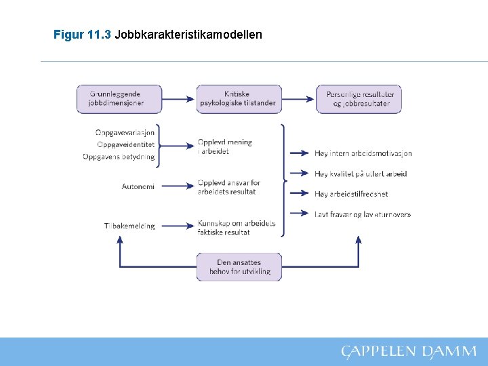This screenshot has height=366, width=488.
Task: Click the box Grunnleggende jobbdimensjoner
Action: [119, 99]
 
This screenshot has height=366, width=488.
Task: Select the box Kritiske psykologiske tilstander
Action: [239, 99]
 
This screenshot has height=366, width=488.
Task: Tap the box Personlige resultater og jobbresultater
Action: [359, 99]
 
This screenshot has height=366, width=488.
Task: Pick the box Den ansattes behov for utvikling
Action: [239, 267]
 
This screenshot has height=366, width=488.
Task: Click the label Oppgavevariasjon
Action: [125, 133]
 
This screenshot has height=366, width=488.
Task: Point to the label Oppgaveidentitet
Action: [126, 144]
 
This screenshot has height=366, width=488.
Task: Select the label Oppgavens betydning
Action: [119, 157]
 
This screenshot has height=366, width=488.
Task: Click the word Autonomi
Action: [138, 186]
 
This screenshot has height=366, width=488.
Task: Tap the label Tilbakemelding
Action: [129, 226]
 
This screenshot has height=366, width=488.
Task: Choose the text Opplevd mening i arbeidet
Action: [224, 146]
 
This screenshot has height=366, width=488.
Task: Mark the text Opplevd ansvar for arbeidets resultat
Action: [228, 187]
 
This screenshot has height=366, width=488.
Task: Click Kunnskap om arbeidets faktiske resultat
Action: [236, 228]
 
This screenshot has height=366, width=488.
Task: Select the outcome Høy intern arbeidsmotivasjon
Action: [363, 153]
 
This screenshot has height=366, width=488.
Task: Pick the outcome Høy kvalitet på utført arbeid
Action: [361, 174]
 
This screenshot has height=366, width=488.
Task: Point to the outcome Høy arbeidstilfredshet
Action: [351, 194]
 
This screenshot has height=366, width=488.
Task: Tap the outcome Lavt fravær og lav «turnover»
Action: [363, 214]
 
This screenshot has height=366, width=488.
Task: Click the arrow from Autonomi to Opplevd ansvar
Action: [178, 186]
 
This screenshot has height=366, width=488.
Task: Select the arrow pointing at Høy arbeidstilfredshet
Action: [300, 193]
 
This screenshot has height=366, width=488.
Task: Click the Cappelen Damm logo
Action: [409, 352]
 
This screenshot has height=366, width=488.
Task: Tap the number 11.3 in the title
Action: [100, 34]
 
